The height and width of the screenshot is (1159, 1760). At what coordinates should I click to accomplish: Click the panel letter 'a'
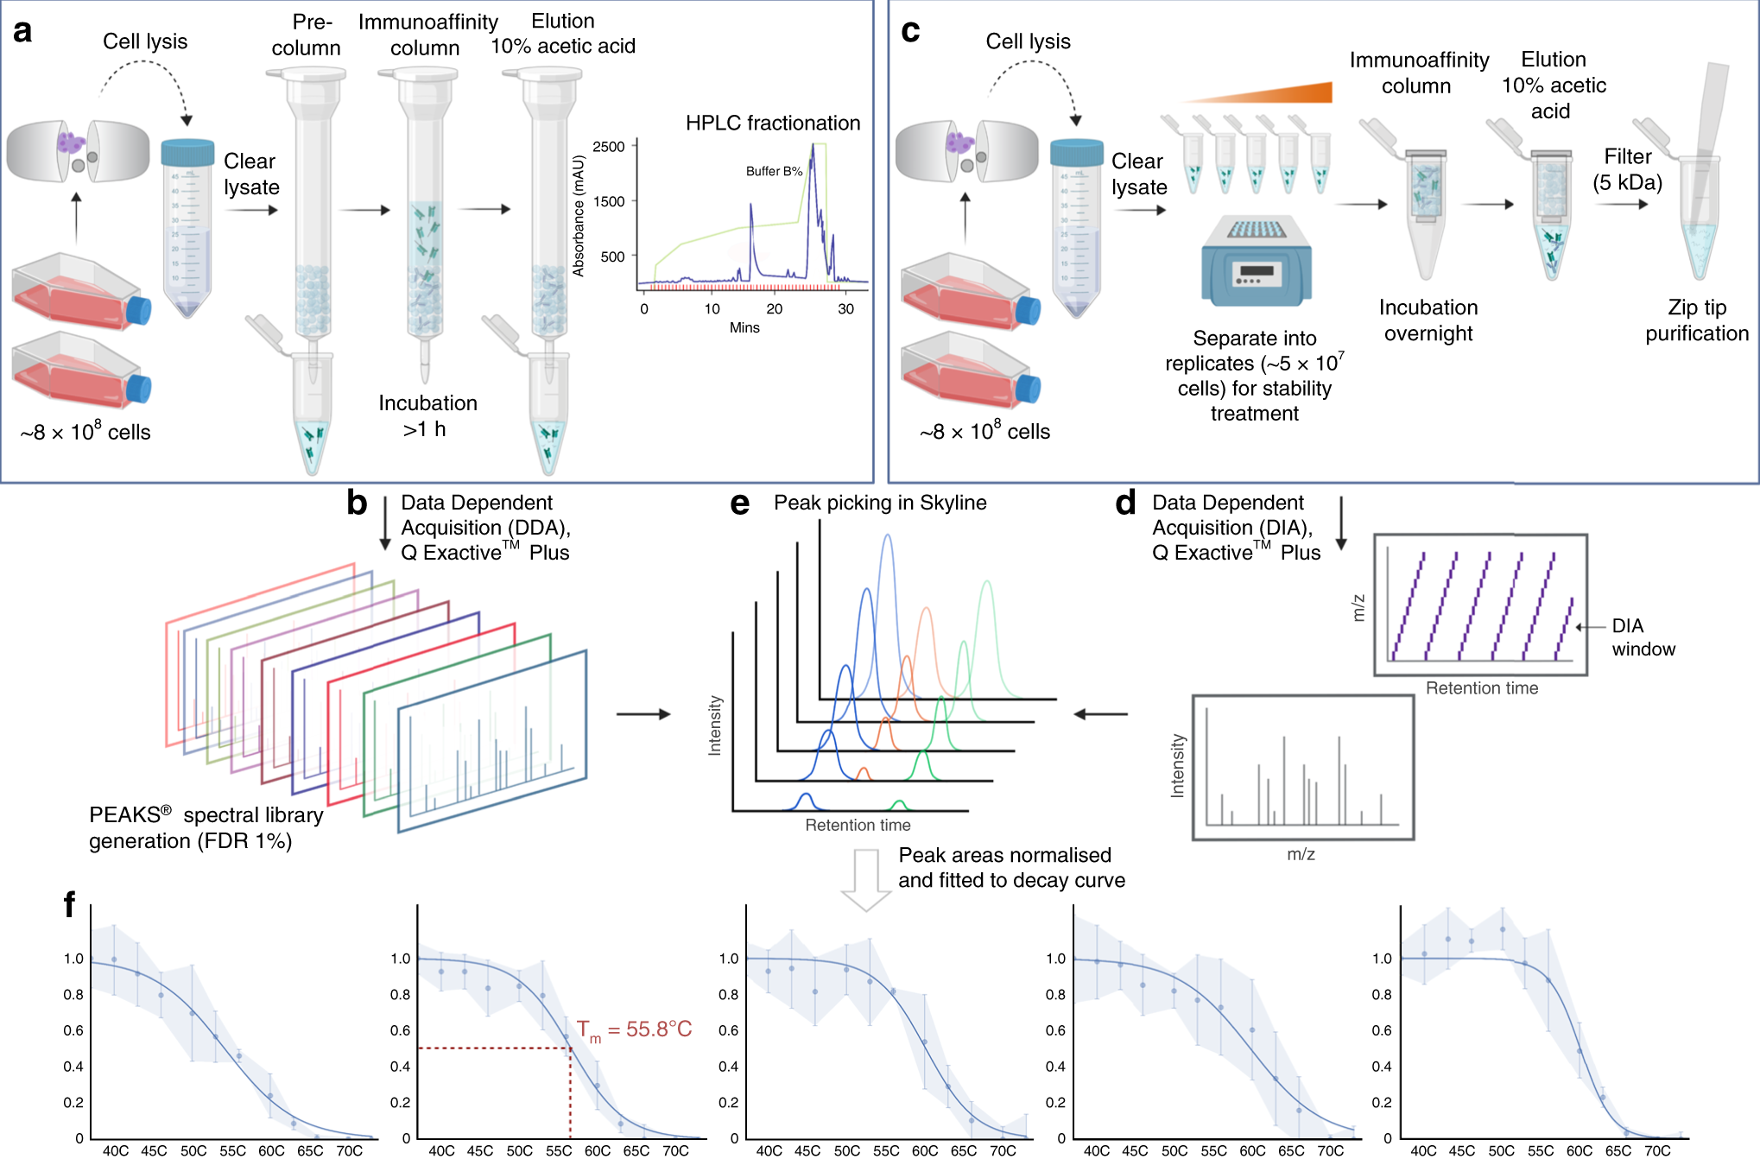[x=22, y=31]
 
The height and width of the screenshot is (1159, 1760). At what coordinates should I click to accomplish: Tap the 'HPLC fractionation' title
[x=772, y=123]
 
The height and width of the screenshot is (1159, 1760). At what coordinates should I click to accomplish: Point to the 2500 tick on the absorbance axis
[x=609, y=147]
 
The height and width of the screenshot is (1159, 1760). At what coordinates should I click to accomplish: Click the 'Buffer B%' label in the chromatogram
[x=774, y=171]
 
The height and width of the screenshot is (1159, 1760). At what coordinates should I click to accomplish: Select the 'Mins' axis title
[x=744, y=327]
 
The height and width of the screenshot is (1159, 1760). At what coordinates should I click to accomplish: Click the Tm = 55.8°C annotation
[x=635, y=1029]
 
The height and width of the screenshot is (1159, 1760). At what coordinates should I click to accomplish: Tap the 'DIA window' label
[x=1643, y=637]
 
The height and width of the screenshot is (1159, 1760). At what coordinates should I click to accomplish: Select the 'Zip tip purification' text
[x=1696, y=320]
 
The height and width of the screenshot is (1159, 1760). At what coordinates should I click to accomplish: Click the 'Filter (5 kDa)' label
[x=1627, y=169]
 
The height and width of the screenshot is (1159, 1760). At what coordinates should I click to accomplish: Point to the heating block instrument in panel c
[x=1257, y=261]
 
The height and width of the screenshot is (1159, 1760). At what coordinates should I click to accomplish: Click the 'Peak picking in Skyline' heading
[x=879, y=503]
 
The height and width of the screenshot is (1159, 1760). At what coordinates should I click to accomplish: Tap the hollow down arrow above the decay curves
[x=865, y=879]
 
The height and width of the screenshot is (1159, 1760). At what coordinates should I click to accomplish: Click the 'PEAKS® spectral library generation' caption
[x=206, y=827]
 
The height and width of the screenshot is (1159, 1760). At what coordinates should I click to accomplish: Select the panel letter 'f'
[x=69, y=904]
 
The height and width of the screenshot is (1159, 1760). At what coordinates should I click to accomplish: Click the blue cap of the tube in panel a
[x=187, y=153]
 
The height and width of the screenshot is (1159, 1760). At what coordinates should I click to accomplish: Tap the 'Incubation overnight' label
[x=1428, y=320]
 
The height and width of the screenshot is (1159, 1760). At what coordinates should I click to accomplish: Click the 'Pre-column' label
[x=307, y=35]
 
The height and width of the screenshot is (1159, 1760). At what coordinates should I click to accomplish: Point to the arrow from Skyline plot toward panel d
[x=1100, y=714]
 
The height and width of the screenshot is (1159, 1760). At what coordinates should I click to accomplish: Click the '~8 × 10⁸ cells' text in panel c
[x=984, y=431]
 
